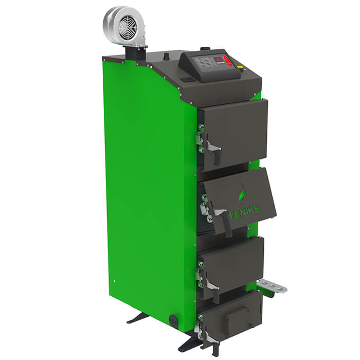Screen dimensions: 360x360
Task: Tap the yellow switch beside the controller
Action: (x=240, y=67)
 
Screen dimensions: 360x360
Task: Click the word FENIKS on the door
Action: (x=244, y=211)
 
